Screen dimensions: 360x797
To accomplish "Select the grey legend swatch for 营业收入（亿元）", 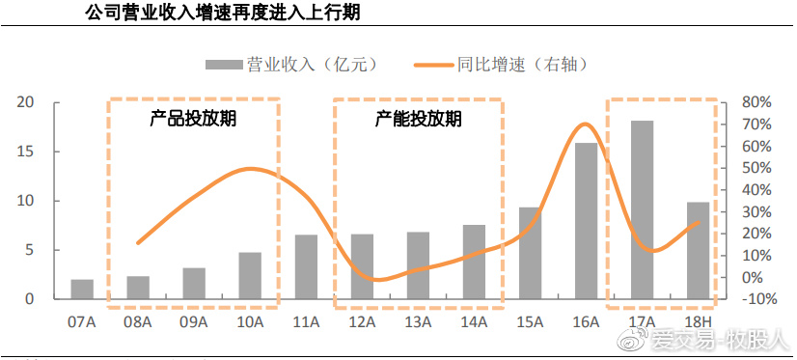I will click(223, 65).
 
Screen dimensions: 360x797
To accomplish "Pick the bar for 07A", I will click(82, 289).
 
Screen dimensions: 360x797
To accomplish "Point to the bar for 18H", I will click(698, 250).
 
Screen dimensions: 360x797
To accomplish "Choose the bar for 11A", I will click(306, 266).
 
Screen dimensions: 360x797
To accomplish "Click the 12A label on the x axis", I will click(362, 320).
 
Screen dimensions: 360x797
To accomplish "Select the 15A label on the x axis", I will click(530, 320).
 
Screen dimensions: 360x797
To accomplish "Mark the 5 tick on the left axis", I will click(30, 250).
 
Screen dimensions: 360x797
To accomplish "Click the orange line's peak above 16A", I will click(583, 124).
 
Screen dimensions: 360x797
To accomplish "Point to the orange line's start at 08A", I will click(138, 242).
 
